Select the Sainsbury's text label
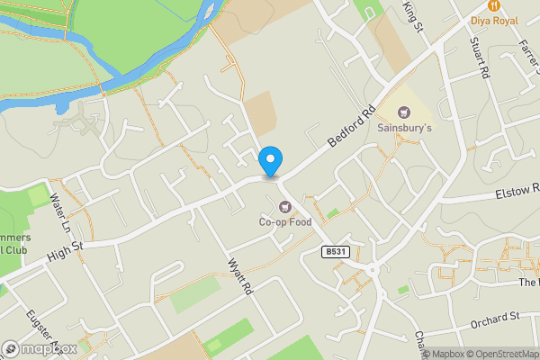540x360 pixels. (404, 129)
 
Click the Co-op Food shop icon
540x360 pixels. (285, 206)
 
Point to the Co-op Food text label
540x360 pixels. (285, 222)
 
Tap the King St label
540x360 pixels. (413, 15)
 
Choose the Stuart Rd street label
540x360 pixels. (478, 56)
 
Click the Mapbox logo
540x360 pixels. (40, 348)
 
